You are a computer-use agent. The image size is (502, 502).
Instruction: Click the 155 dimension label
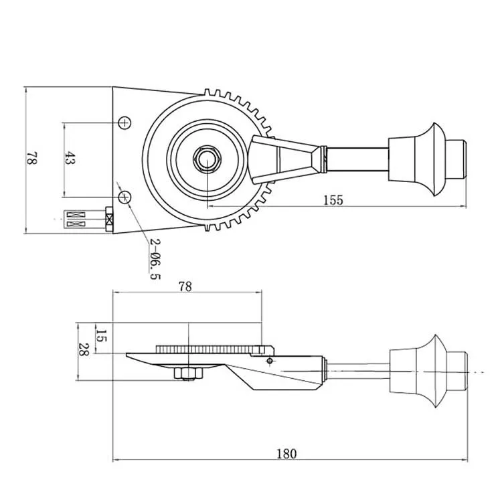[x=333, y=199]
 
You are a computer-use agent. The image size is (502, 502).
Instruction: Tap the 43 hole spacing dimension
[x=70, y=159]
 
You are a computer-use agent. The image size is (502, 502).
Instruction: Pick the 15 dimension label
[x=101, y=335]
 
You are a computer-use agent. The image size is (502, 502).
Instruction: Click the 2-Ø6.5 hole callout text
[x=154, y=258]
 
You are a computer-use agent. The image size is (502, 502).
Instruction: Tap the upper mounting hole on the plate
[x=125, y=122]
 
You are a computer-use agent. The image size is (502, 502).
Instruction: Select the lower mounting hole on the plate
[x=125, y=197]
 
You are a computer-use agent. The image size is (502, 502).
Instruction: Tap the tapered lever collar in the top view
[x=284, y=159]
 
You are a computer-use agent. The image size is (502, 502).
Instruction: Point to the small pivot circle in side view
[x=269, y=361]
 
